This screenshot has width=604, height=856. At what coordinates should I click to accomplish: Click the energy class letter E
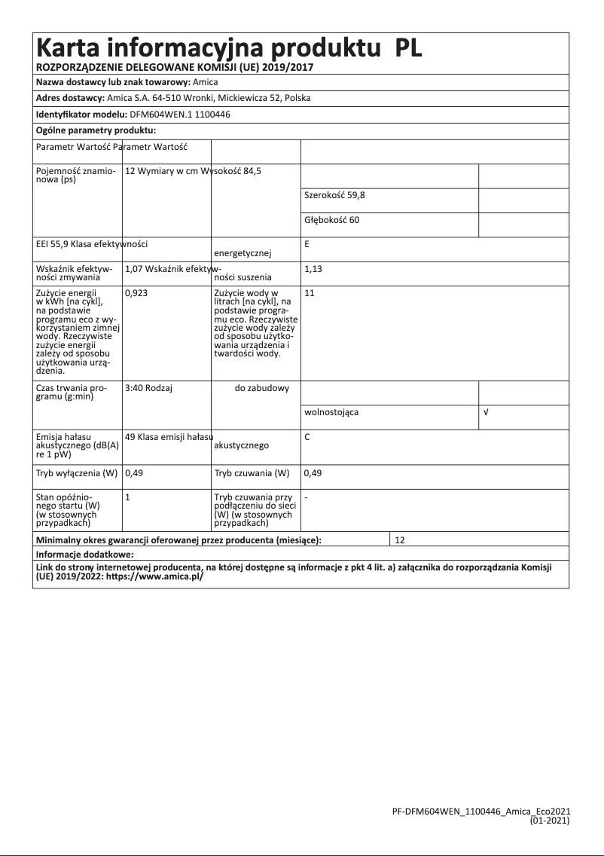[x=307, y=244]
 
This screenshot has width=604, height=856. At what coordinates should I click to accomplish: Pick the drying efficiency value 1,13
[x=313, y=268]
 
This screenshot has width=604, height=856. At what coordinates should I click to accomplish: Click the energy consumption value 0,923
[x=136, y=292]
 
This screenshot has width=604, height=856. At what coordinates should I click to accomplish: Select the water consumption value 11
[x=309, y=292]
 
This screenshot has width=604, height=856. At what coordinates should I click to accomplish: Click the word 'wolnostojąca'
[x=331, y=413]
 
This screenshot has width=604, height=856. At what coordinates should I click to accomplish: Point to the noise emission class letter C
[x=307, y=437]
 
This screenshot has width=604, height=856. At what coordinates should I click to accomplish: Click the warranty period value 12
[x=400, y=540]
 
